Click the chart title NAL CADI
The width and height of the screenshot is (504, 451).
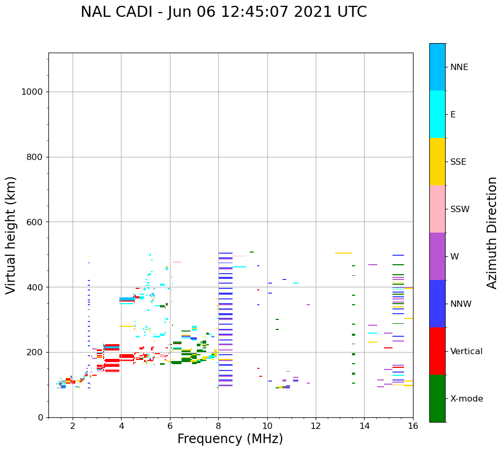pyautogui.click(x=116, y=12)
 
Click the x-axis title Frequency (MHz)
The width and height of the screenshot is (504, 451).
pyautogui.click(x=230, y=439)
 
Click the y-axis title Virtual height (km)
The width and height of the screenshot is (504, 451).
pyautogui.click(x=11, y=235)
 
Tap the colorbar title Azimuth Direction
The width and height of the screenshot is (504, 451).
pyautogui.click(x=492, y=233)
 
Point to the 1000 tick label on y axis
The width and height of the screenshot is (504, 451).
pyautogui.click(x=32, y=92)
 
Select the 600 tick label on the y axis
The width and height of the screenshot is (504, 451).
pyautogui.click(x=35, y=222)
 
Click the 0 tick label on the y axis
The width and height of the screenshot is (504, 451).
pyautogui.click(x=41, y=417)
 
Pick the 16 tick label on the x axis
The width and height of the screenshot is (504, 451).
pyautogui.click(x=413, y=426)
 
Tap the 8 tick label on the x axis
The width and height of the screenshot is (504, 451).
pyautogui.click(x=218, y=426)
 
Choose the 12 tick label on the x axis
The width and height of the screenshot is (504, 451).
pyautogui.click(x=316, y=426)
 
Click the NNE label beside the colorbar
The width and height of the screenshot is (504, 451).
pyautogui.click(x=459, y=67)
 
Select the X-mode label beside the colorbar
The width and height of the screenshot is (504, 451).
pyautogui.click(x=467, y=398)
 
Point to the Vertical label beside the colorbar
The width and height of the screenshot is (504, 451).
pyautogui.click(x=467, y=352)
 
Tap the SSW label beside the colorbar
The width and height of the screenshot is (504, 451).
pyautogui.click(x=460, y=209)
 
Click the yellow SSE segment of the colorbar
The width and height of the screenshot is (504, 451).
pyautogui.click(x=438, y=162)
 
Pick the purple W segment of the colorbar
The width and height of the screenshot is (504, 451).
pyautogui.click(x=438, y=256)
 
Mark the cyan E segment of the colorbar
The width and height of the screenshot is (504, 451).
pyautogui.click(x=438, y=114)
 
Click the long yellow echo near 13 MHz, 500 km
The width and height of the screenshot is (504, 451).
pyautogui.click(x=344, y=253)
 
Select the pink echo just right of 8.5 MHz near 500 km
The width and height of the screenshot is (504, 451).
pyautogui.click(x=239, y=256)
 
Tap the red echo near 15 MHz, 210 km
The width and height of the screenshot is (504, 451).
pyautogui.click(x=388, y=348)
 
